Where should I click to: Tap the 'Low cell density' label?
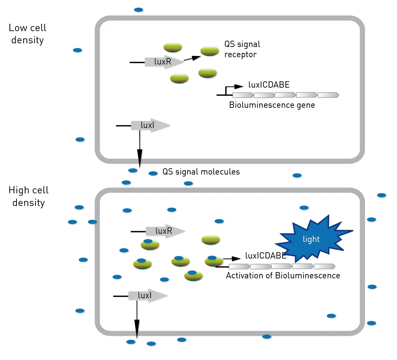27,34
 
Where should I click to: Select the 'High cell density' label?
28,196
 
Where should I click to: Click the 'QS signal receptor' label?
242,49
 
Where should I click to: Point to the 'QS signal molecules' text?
201,172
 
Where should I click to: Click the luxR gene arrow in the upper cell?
164,62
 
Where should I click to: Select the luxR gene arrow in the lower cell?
165,231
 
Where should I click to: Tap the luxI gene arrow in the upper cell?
151,125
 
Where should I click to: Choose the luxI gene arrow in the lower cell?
148,296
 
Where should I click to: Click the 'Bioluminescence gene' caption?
272,105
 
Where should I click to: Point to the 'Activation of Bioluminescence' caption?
283,276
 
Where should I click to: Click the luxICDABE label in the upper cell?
269,85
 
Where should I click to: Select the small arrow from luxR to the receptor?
192,59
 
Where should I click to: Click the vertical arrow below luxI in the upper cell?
140,149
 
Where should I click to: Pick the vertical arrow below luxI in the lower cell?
137,319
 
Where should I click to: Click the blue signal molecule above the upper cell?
139,10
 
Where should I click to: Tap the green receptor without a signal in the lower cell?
210,240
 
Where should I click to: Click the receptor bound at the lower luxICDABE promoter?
214,261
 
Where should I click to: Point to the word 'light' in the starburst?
311,239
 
